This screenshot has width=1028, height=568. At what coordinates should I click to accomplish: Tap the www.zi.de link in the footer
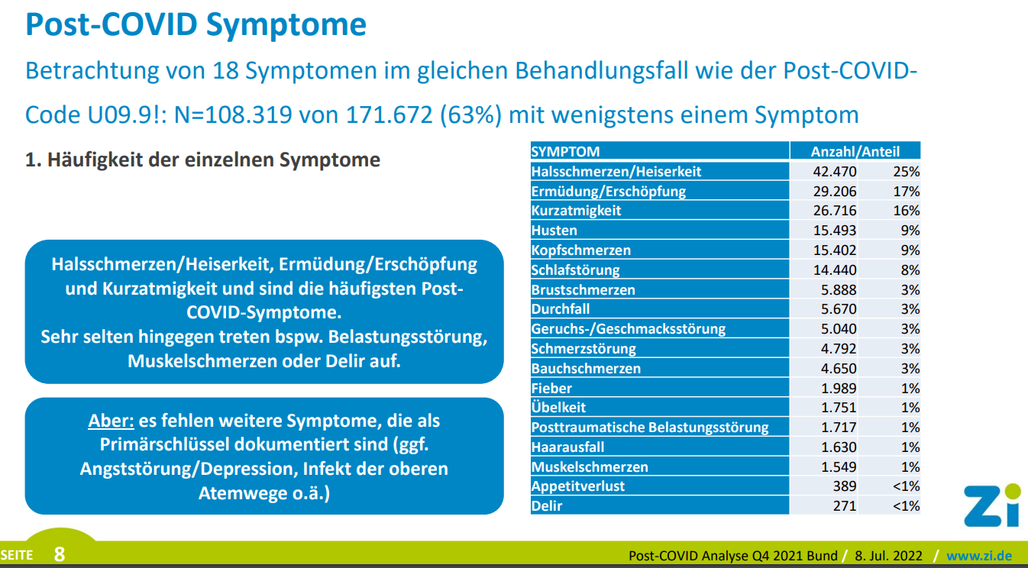point(979,556)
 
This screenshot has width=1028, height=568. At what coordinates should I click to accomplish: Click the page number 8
point(60,554)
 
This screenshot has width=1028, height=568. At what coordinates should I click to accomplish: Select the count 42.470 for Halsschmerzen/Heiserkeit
point(834,172)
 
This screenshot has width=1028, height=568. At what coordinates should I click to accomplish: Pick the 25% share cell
point(906,172)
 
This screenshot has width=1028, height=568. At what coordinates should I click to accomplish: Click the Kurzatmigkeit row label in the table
point(576,211)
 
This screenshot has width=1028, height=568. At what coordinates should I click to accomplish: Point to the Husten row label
point(554,231)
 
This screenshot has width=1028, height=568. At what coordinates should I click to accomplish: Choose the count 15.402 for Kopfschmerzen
point(834,250)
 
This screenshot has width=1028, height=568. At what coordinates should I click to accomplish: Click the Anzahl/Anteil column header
point(855,152)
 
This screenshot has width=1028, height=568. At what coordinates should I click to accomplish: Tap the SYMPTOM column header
point(565,152)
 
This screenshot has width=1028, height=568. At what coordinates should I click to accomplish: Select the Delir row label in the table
point(547,506)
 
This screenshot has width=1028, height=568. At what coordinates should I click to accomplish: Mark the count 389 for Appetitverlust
point(845,486)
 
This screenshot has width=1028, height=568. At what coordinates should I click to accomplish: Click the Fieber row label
point(551,389)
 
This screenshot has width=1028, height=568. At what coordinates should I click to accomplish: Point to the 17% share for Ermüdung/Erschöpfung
point(906,192)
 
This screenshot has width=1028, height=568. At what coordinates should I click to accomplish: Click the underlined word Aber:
point(111,421)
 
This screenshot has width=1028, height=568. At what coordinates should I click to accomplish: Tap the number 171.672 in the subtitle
point(389,115)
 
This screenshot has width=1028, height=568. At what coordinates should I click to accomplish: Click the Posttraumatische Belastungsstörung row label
point(650,428)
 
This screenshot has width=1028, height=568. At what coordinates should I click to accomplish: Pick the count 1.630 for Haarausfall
point(839,447)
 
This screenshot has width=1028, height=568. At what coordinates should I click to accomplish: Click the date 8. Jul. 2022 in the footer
point(888,556)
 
